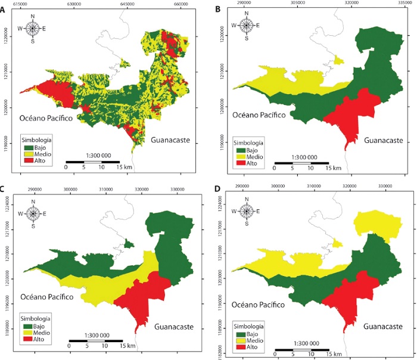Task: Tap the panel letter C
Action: point(5,191)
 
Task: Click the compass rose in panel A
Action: point(33,27)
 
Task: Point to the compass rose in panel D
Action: point(247,211)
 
